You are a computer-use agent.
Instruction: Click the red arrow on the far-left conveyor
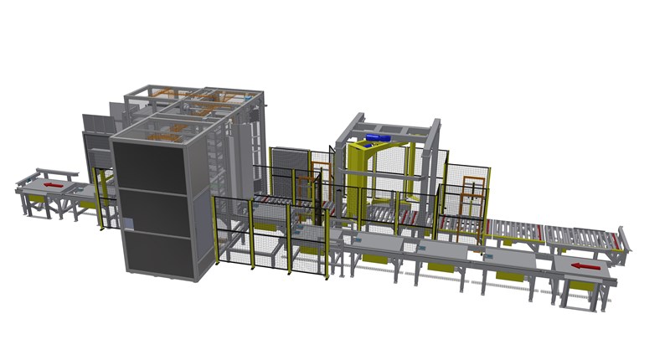[53, 183]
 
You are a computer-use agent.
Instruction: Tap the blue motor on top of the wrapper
[375, 136]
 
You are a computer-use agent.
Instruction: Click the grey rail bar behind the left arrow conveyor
[58, 171]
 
